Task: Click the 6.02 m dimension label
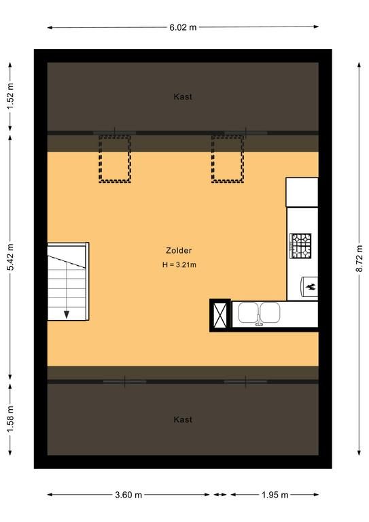click(183, 28)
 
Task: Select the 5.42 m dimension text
click(10, 257)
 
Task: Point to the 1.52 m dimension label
click(10, 96)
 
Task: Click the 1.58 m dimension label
click(10, 419)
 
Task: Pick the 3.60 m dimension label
click(128, 495)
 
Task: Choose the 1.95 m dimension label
click(275, 495)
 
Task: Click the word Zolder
click(179, 250)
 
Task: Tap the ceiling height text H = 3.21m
click(179, 265)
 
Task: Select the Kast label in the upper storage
click(183, 97)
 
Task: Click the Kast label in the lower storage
click(183, 419)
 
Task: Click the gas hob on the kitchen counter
click(300, 245)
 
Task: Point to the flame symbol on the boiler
click(311, 286)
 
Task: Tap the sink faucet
click(259, 319)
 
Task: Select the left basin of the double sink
click(248, 313)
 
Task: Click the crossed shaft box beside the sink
click(220, 315)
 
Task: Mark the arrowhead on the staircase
click(67, 315)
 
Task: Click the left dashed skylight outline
click(114, 159)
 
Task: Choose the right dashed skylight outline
click(228, 159)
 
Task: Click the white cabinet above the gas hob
click(302, 192)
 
